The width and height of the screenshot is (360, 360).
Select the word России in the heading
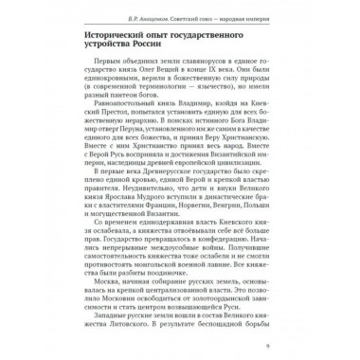click(x=176, y=53)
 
